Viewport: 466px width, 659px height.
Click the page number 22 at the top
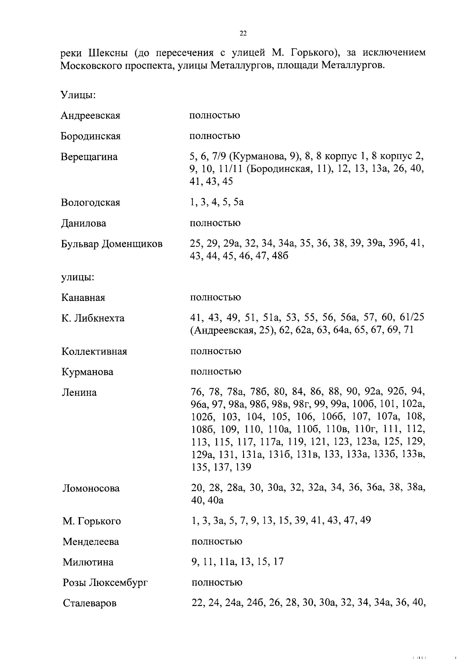pos(243,34)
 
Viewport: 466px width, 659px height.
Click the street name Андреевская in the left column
pos(90,116)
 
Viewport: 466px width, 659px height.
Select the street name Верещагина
pos(89,157)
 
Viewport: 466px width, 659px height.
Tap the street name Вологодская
pos(90,203)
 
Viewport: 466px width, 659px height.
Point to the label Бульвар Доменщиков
pos(112,244)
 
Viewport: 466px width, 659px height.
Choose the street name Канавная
pos(83,298)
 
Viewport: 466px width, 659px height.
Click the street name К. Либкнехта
pos(93,318)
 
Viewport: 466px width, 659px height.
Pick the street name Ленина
pos(79,393)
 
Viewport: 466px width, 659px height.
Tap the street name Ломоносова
pos(91,489)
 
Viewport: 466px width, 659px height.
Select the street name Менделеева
pos(91,542)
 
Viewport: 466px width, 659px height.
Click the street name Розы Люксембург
pos(105,583)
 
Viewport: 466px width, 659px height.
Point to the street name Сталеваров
pos(90,603)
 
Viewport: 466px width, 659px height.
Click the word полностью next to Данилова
pos(215,223)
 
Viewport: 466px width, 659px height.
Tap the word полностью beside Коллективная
pos(216,351)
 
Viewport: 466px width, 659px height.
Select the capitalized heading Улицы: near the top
pos(78,95)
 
